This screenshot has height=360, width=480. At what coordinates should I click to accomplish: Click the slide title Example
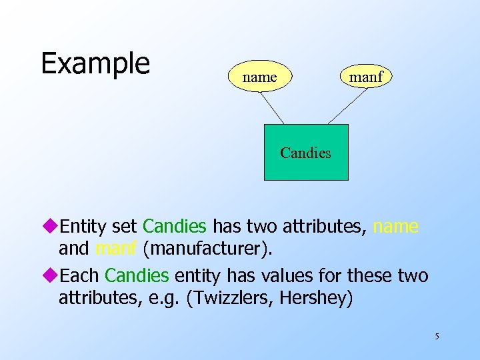[95, 64]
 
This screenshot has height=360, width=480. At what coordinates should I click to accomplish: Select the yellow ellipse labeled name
[259, 77]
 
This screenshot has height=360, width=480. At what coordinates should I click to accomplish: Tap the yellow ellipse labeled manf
[366, 77]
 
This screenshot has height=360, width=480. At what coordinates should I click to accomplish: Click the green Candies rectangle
[306, 153]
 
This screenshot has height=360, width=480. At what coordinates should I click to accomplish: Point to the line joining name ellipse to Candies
[271, 108]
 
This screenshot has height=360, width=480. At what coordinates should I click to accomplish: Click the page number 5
[437, 336]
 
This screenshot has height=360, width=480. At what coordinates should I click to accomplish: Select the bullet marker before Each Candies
[54, 275]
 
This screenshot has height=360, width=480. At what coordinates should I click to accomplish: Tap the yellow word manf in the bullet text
[116, 249]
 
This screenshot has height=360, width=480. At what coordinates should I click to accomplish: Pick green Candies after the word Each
[137, 275]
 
